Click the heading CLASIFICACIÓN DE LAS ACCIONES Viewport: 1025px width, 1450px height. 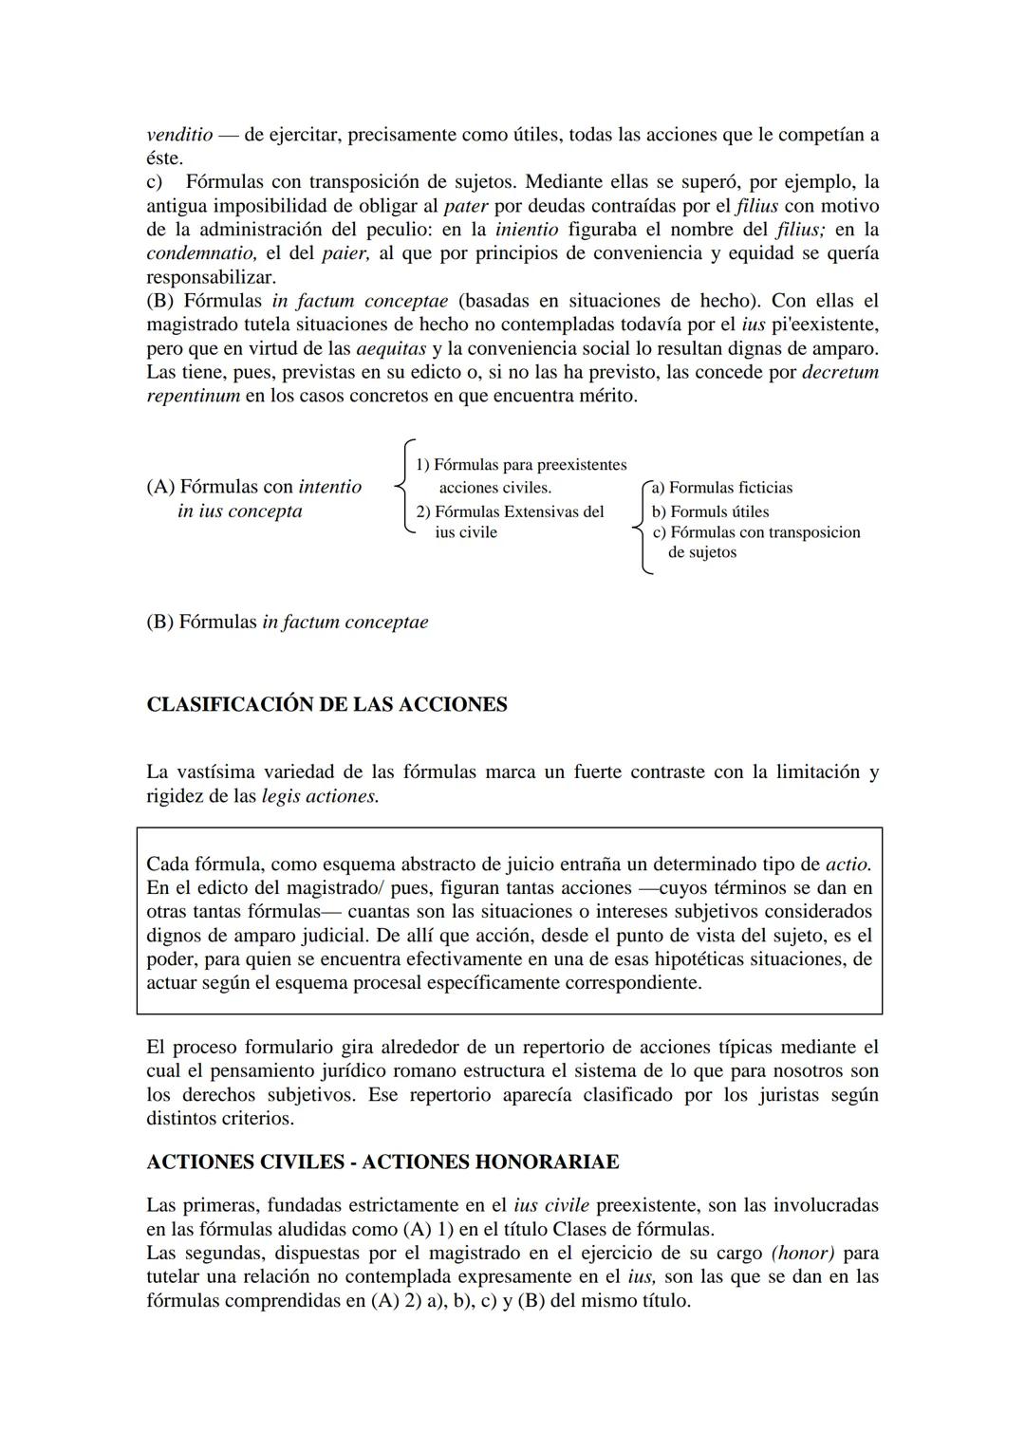[x=326, y=705]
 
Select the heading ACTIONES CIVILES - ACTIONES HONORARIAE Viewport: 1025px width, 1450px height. [x=382, y=1162]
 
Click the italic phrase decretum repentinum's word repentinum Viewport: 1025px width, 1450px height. [x=193, y=396]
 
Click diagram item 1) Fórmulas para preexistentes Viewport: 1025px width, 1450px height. [x=521, y=465]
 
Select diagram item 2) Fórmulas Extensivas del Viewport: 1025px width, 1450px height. [x=510, y=512]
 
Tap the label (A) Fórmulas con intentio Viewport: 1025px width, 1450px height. [x=254, y=488]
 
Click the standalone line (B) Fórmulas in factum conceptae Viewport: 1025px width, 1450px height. [x=287, y=623]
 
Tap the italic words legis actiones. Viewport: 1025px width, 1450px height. [x=320, y=796]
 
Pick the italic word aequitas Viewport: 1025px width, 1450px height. [x=390, y=348]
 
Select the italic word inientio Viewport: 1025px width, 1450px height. [x=527, y=230]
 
